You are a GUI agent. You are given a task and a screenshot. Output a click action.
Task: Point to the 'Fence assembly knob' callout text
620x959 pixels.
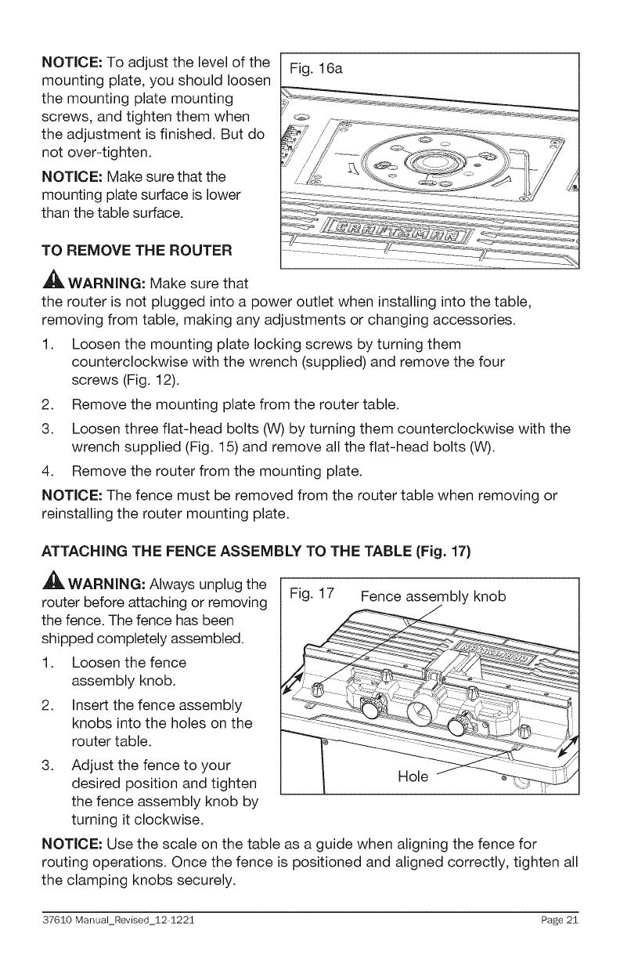point(433,597)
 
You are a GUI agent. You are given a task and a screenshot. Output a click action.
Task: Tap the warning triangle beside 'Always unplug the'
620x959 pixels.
point(41,563)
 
